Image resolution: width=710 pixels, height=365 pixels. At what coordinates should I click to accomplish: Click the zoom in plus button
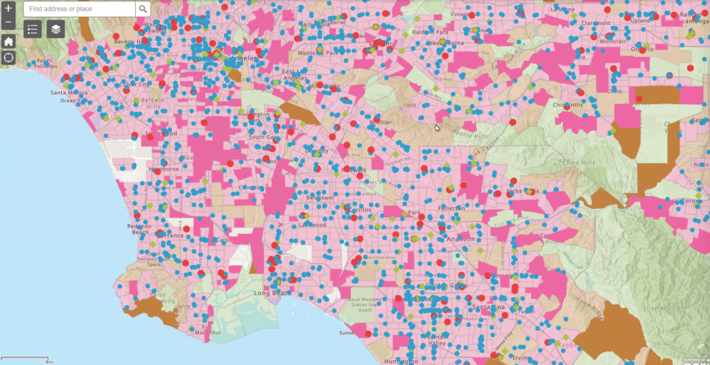[8, 8]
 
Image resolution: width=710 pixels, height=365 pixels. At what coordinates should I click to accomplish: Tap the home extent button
[8, 41]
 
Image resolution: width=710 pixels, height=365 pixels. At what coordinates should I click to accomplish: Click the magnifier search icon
[143, 9]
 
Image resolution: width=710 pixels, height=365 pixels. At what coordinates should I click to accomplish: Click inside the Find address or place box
[80, 9]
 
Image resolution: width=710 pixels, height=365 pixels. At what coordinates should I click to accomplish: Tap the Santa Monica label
[67, 92]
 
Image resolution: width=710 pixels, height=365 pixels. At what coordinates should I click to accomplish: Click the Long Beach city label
[269, 294]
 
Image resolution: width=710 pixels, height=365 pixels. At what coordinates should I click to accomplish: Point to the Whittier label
[380, 122]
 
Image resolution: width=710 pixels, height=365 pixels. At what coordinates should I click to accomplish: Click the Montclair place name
[612, 42]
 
